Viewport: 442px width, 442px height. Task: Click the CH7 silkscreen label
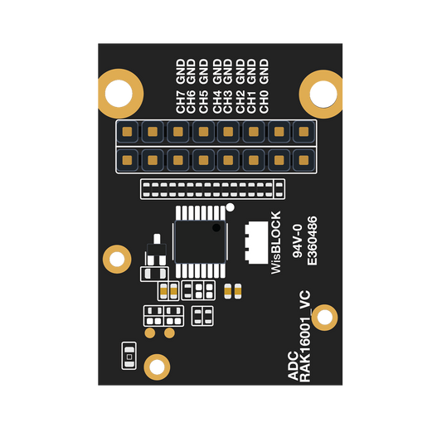pos(181,102)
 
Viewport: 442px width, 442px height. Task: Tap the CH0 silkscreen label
pos(264,102)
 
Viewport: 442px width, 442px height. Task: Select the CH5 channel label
pos(203,102)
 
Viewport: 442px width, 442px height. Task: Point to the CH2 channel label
pos(240,102)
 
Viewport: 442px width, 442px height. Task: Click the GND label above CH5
pos(203,71)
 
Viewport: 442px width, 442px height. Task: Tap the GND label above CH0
pos(264,71)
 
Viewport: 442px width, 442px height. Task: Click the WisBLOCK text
pos(276,242)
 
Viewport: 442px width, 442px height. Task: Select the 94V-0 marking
pos(298,241)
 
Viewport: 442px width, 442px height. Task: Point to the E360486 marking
pos(313,240)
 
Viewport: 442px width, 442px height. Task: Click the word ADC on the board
pos(293,366)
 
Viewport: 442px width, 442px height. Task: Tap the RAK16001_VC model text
pos(305,337)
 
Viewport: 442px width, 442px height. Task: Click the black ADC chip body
pos(200,242)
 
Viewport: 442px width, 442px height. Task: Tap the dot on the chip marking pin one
pos(216,227)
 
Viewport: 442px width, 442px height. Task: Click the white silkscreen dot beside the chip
pos(231,207)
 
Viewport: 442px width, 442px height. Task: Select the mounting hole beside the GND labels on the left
pos(120,94)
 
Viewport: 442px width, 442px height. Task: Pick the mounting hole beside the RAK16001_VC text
pos(325,318)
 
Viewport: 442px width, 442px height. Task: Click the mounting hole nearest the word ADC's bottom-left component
pos(157,367)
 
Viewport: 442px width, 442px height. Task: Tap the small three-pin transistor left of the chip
pos(157,250)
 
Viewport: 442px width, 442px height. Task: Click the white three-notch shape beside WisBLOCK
pos(256,242)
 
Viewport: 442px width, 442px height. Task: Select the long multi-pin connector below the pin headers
pos(212,189)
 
